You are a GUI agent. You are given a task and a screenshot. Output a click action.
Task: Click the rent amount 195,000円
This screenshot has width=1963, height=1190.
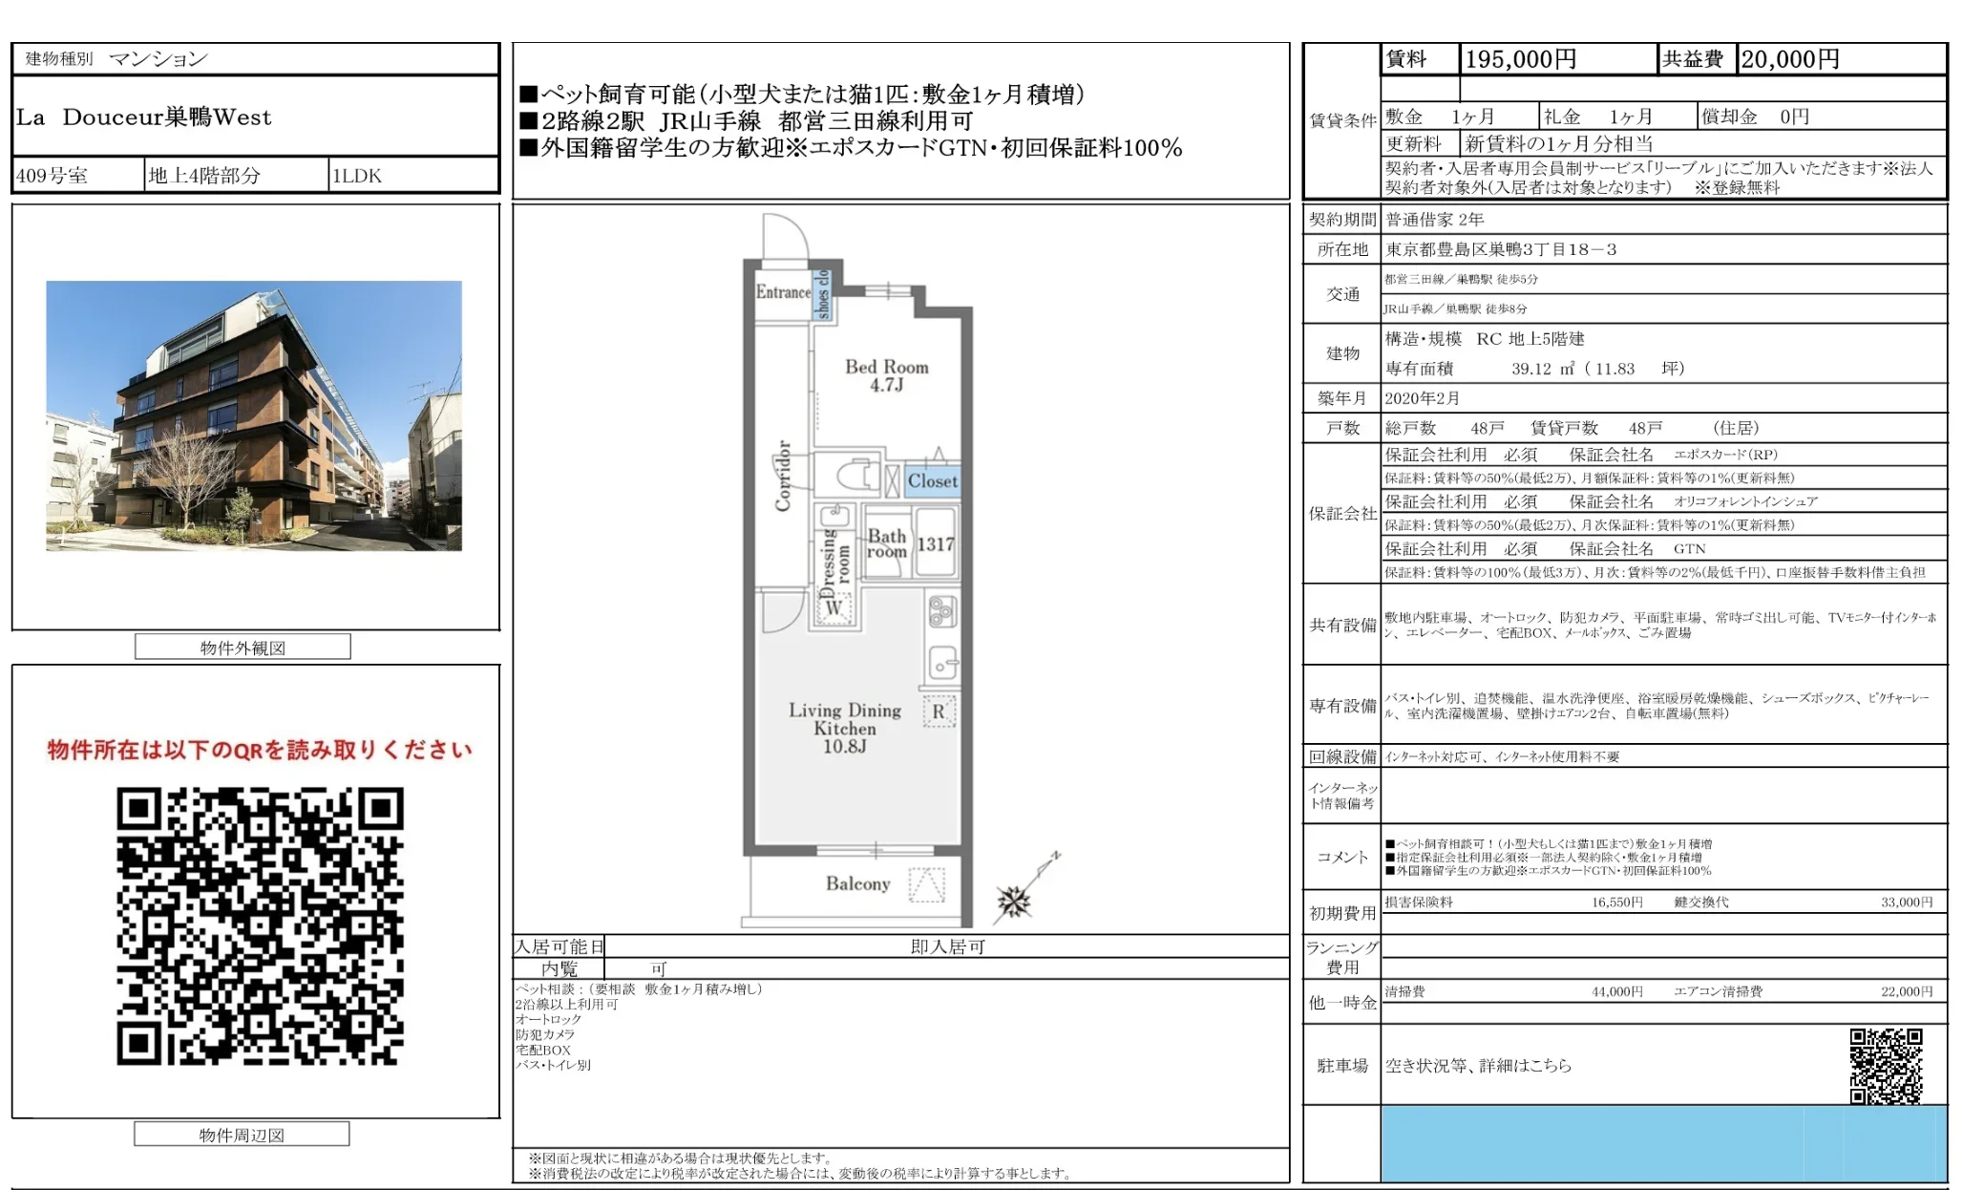click(x=1520, y=59)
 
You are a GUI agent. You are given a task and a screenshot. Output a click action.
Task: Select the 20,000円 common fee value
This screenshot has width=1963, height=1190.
click(x=1789, y=59)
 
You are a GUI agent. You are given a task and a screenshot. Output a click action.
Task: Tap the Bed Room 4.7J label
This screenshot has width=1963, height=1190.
click(x=886, y=375)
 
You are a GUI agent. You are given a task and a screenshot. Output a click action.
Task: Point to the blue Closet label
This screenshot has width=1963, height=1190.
click(x=932, y=481)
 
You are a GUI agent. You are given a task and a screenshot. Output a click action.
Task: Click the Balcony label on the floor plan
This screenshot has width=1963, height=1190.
click(x=857, y=884)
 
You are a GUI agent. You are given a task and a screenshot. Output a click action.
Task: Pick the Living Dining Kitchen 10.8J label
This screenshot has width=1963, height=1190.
click(x=845, y=728)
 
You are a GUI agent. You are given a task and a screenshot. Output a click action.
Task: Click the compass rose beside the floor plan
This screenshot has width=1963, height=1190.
click(x=1014, y=900)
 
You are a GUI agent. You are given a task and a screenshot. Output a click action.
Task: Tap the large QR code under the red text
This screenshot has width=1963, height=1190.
click(x=260, y=925)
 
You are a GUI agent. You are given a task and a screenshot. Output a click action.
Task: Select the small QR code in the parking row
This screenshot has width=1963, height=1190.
click(x=1886, y=1066)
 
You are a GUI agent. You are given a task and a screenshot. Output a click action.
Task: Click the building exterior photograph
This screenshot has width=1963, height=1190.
click(x=254, y=415)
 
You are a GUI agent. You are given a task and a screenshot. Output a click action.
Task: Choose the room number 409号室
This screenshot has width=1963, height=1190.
click(x=53, y=176)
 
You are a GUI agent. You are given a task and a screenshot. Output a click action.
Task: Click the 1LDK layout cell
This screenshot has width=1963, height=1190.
click(x=357, y=176)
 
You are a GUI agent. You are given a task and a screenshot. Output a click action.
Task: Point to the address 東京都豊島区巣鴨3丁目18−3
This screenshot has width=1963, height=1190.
click(x=1501, y=249)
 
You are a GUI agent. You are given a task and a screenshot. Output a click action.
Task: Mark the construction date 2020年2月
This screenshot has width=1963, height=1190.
click(x=1422, y=398)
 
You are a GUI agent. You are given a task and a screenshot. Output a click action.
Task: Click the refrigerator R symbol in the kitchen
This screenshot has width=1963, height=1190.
click(x=939, y=712)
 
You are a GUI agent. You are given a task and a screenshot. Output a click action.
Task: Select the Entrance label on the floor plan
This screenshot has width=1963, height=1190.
click(x=783, y=292)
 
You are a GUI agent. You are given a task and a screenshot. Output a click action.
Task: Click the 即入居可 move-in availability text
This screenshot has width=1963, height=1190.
click(x=947, y=946)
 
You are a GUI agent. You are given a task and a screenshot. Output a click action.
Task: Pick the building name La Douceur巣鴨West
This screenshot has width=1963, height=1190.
click(x=144, y=117)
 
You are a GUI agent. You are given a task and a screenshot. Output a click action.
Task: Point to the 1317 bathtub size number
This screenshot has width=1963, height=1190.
click(x=935, y=544)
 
